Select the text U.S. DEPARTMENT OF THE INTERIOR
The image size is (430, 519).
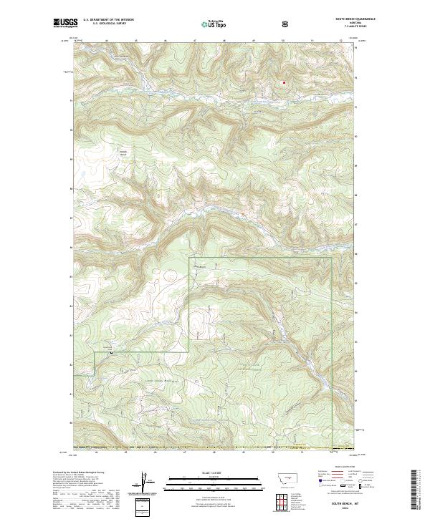click(109, 20)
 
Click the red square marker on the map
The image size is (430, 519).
click(284, 82)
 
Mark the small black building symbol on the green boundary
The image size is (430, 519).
click(111, 354)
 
